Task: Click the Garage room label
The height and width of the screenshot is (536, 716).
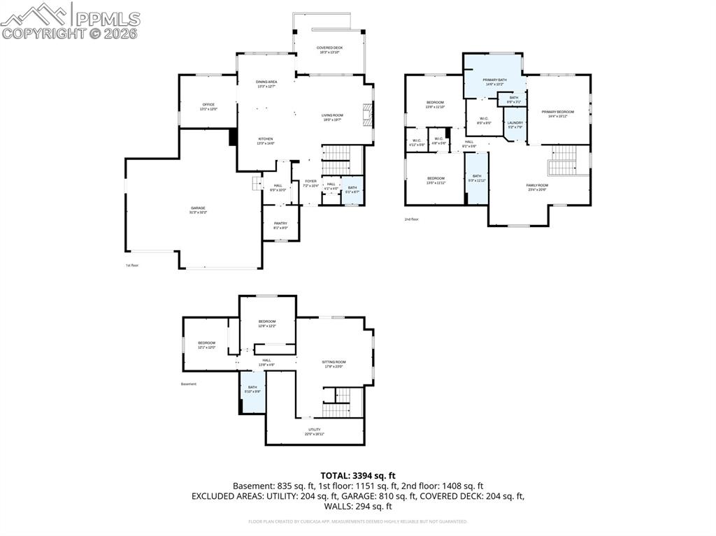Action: [198, 210]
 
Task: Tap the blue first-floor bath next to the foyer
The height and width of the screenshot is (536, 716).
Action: [352, 189]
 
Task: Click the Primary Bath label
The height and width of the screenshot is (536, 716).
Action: [494, 82]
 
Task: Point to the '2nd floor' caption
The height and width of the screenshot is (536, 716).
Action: [411, 219]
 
